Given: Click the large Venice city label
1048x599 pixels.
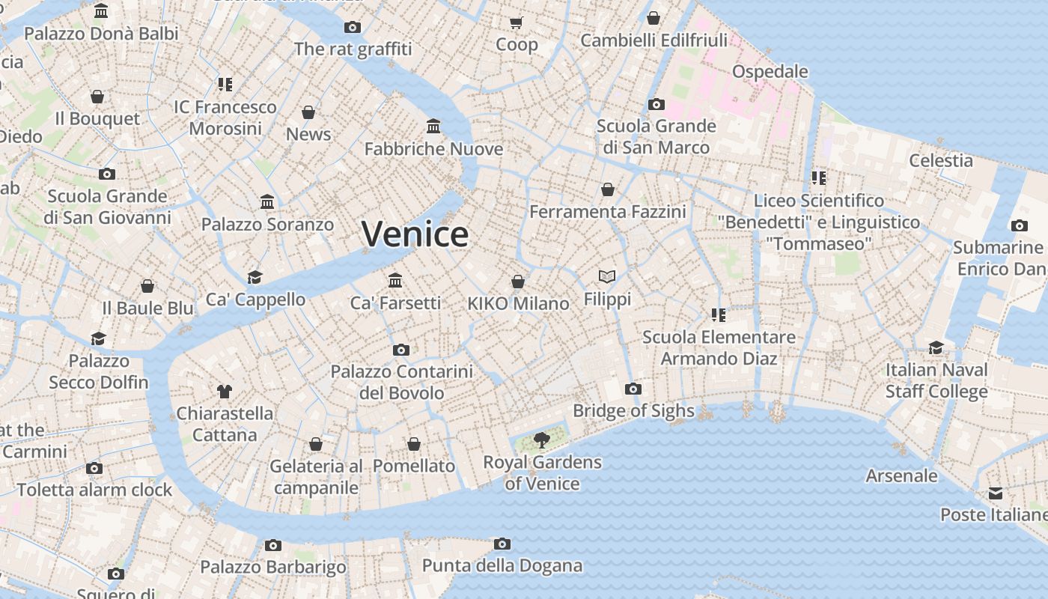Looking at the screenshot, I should point(415,234).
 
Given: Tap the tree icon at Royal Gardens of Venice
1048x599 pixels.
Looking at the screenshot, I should point(541,440).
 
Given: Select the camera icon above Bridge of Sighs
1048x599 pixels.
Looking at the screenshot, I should point(633,389).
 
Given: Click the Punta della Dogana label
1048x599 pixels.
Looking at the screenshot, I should point(502,565).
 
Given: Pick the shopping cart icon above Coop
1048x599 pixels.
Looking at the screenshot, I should point(517,22).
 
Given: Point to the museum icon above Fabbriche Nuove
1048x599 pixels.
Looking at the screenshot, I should point(433,126).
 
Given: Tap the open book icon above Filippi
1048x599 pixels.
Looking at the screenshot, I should point(607,277).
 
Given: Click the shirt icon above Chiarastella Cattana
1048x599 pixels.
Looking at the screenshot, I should point(224,391).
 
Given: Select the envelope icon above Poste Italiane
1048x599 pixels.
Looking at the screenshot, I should point(995,493).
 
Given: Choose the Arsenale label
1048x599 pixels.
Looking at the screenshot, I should point(901,475).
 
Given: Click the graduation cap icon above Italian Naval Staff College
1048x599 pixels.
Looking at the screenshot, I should point(936,347).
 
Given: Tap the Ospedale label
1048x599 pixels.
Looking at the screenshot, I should point(770,72).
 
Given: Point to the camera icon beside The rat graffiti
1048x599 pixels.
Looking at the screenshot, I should point(353,28).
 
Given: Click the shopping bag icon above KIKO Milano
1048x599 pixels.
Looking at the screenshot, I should point(517,282).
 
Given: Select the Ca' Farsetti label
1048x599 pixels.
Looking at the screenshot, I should point(395,303).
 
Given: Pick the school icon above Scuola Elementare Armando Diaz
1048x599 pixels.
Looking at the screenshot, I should point(719,314).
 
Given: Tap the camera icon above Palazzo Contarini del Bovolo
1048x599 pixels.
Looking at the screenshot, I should point(401,350).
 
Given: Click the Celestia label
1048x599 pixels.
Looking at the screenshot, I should point(941,160).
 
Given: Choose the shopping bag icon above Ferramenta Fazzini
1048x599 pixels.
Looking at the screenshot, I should point(608,189).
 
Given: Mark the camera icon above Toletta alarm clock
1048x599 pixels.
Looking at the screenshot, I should point(94,469).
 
